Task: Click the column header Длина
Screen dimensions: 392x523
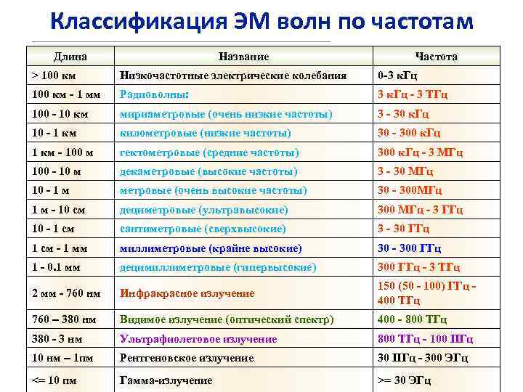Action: (70, 57)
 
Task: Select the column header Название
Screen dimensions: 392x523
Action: (244, 57)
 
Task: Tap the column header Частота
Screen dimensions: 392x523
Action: (436, 57)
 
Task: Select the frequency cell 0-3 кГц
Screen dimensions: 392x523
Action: (397, 75)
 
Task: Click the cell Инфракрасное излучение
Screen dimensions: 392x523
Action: (187, 293)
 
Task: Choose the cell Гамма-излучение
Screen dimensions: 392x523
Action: (166, 380)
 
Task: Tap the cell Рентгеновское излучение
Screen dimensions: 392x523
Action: (187, 358)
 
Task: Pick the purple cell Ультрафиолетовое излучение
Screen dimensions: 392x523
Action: (198, 339)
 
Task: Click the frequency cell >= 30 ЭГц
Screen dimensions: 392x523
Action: (404, 380)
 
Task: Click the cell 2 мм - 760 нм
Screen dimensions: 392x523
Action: (66, 293)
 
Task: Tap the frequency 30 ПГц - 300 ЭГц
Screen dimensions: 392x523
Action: (423, 358)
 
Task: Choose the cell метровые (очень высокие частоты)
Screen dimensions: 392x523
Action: (214, 190)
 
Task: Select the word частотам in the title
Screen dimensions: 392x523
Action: (418, 22)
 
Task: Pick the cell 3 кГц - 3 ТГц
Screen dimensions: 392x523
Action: (412, 94)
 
